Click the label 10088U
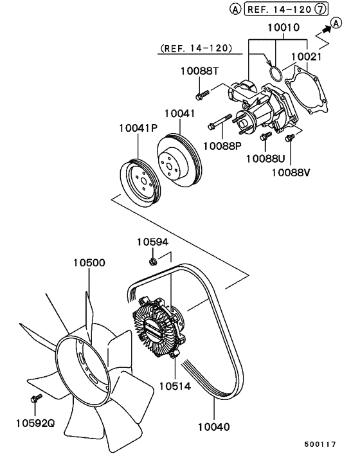point(267,158)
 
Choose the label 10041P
point(138,129)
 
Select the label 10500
point(89,263)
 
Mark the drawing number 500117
point(319,444)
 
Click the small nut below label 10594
point(152,260)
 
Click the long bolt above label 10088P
point(219,123)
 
